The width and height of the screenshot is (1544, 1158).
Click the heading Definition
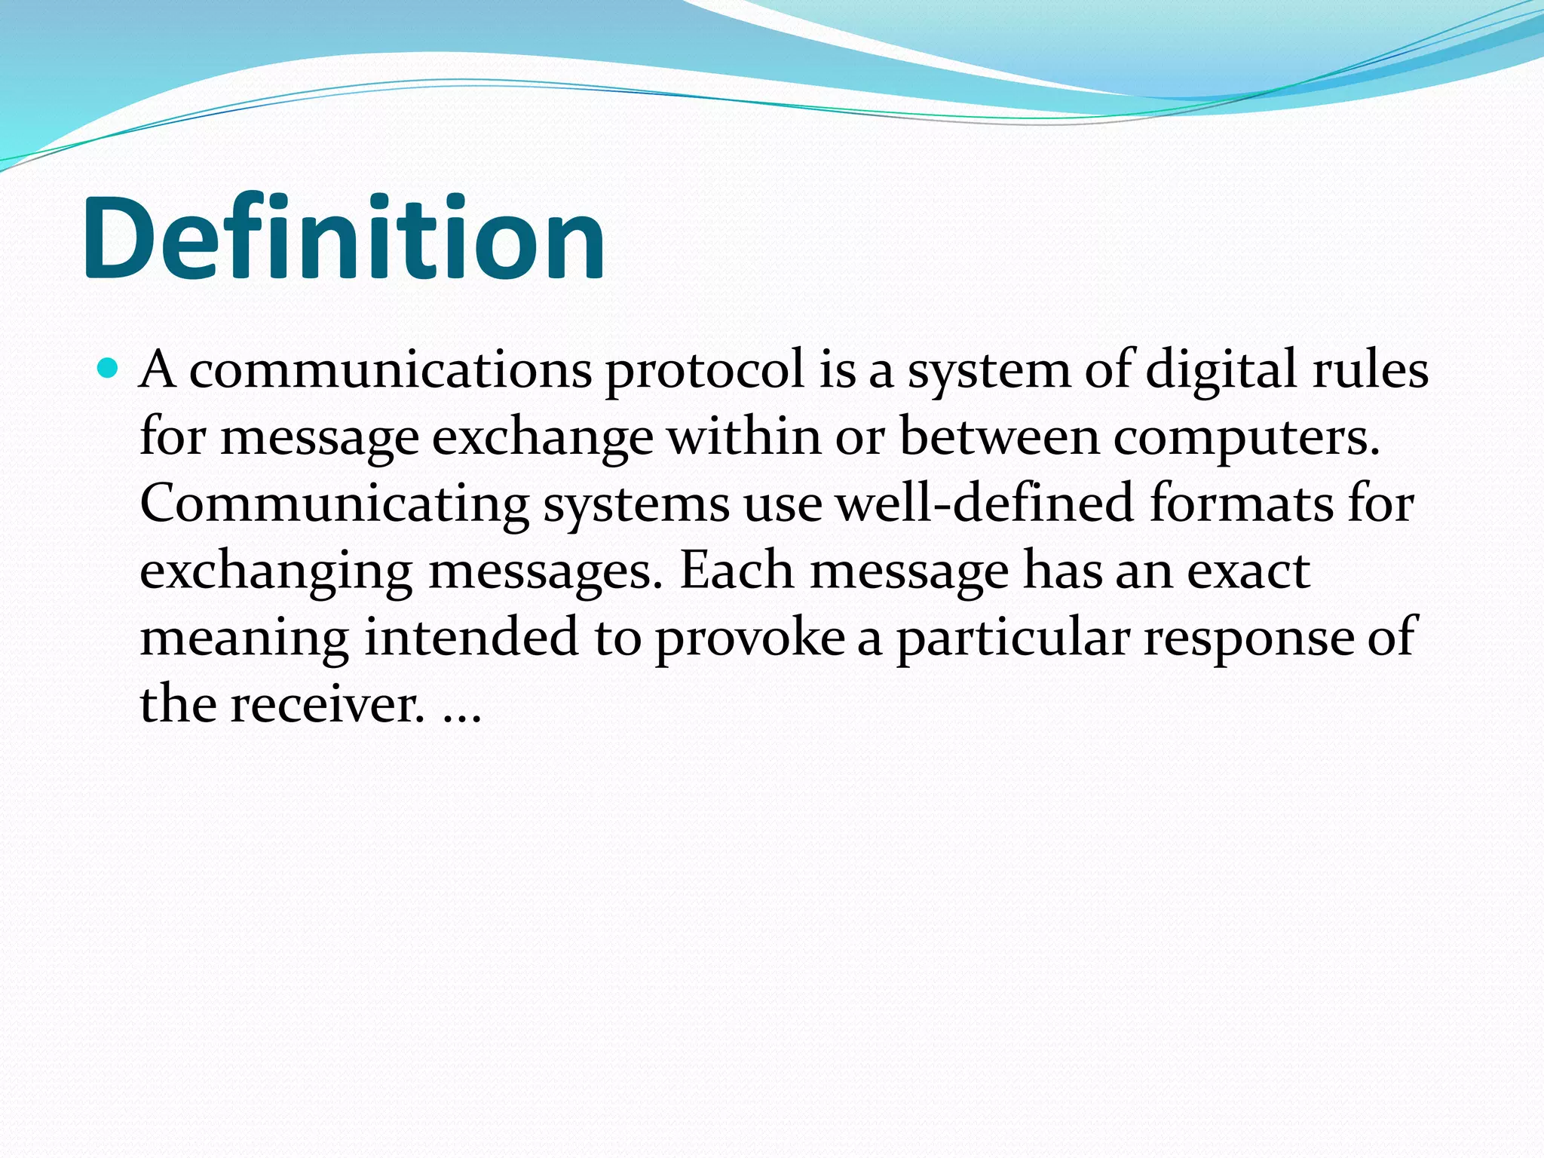tap(343, 237)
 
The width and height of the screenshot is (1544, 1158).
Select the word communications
tap(390, 371)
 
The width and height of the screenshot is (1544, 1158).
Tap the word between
tap(1000, 437)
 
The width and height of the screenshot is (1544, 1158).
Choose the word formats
tap(1241, 504)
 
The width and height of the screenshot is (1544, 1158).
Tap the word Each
tap(737, 571)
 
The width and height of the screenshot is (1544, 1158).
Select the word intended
tap(471, 637)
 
